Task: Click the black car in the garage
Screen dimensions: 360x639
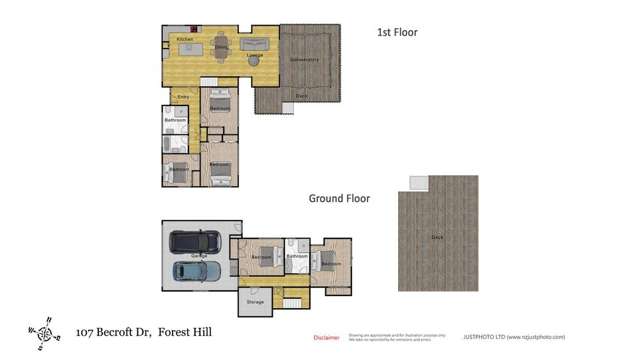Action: [195, 243]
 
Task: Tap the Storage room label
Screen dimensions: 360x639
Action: [255, 301]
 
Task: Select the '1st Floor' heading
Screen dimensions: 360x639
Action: [396, 33]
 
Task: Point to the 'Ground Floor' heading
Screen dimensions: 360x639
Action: [338, 199]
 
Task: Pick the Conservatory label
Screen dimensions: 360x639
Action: [304, 60]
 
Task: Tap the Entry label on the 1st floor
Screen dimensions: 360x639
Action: [183, 96]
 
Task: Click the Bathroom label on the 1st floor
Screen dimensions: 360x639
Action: [176, 121]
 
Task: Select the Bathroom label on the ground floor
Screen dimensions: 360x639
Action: [296, 257]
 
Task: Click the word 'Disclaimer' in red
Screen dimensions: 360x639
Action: [327, 338]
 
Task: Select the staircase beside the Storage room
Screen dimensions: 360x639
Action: [292, 302]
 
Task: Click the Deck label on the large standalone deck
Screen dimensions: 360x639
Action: [437, 237]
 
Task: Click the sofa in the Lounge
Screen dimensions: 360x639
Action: [255, 44]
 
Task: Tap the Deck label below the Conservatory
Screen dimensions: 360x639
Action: [301, 96]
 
